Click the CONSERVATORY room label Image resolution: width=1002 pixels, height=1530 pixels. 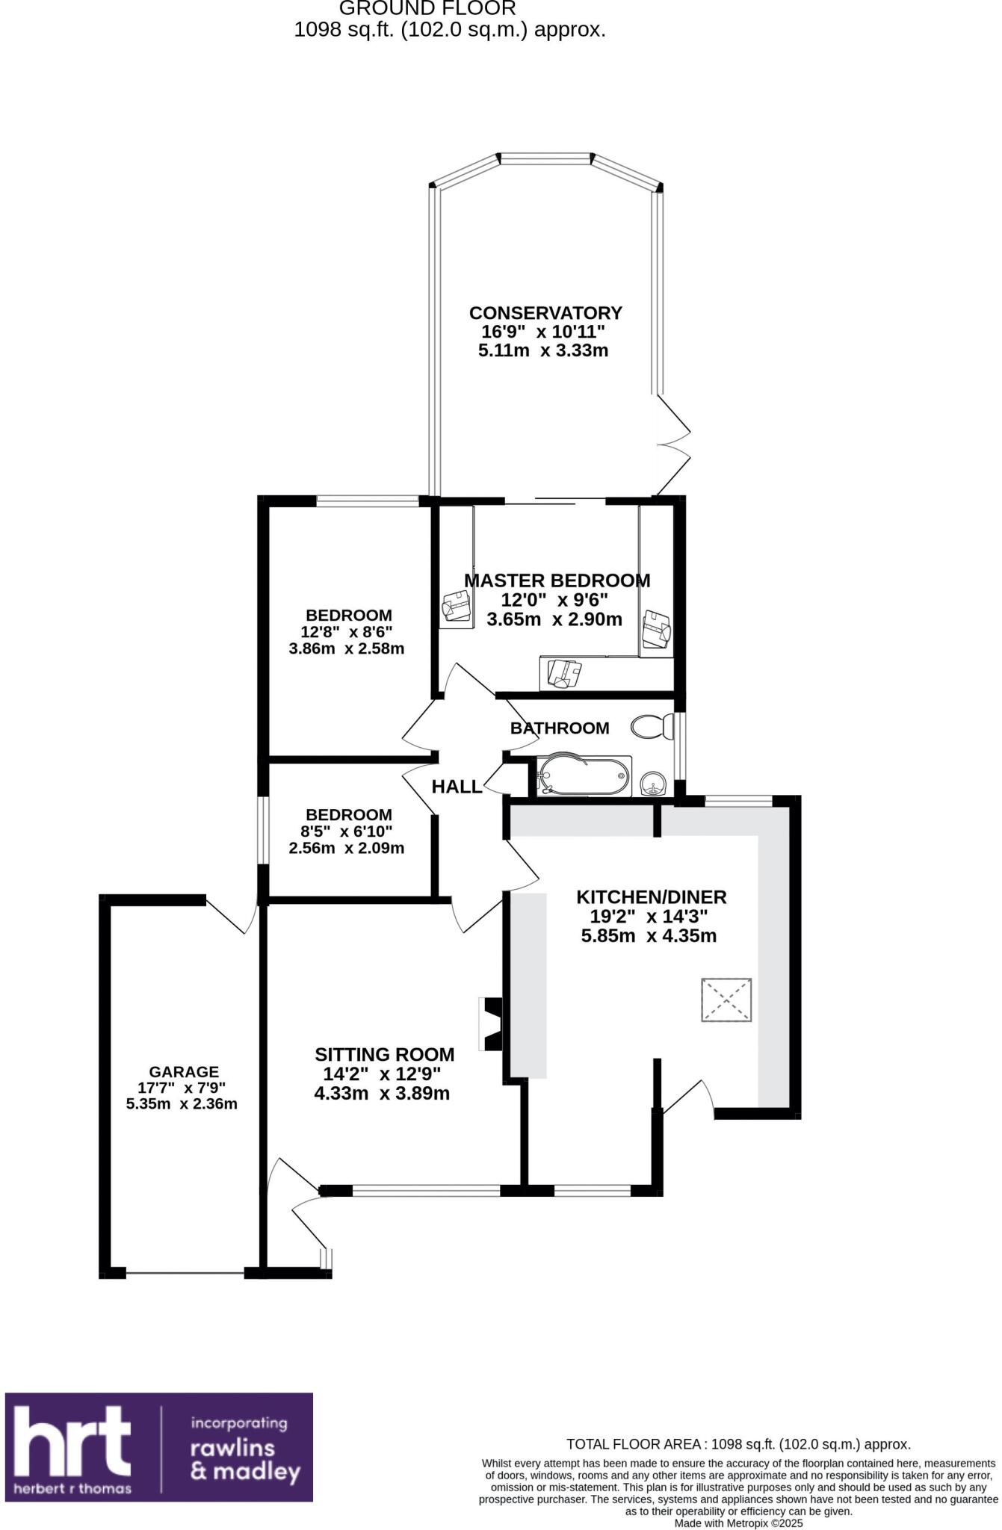545,312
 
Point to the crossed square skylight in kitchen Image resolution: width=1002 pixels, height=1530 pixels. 726,1000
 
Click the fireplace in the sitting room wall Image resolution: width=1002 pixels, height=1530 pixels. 493,1024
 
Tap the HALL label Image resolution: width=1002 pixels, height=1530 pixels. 457,787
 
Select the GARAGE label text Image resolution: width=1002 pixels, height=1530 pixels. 183,1072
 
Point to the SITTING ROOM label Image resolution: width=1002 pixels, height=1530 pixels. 384,1055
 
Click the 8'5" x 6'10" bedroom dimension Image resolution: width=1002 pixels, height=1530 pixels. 347,831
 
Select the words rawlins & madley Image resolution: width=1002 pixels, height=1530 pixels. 244,1460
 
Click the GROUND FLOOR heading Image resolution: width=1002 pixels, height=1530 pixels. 427,9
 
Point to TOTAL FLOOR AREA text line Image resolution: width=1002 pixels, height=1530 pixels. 737,1444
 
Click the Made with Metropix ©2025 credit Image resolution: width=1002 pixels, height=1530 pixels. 738,1523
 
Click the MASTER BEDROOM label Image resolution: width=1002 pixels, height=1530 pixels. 557,580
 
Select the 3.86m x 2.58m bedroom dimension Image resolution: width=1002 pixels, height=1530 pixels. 347,648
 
